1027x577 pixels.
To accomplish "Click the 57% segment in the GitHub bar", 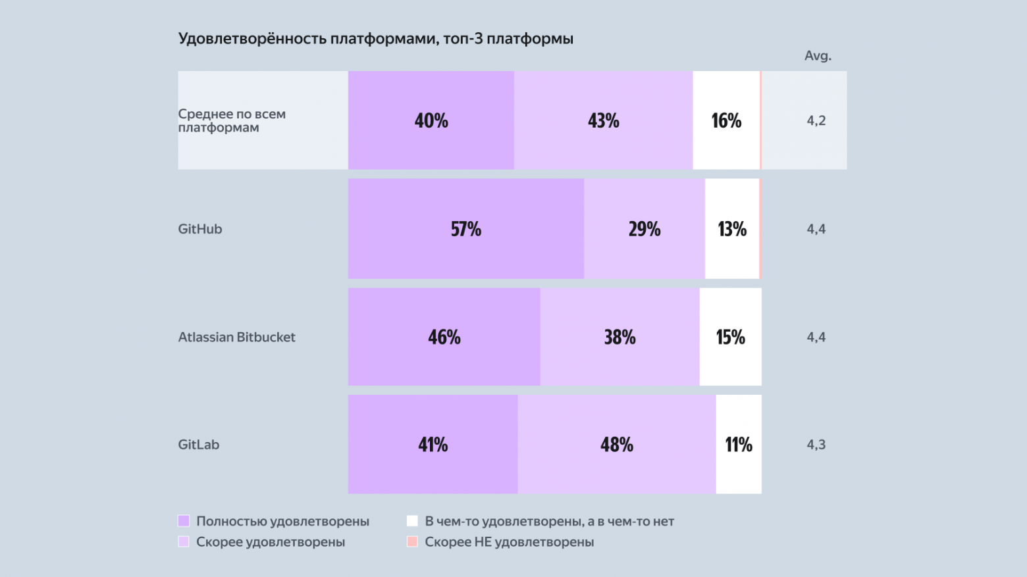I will point(465,229).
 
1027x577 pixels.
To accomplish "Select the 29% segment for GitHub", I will point(644,229).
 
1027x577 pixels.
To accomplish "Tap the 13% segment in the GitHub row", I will point(731,229).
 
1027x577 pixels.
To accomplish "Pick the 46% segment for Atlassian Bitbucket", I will point(444,337).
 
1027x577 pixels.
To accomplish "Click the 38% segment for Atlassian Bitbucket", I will point(619,337).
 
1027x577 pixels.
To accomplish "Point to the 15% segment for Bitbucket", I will point(730,337).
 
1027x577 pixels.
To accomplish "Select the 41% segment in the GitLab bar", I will point(433,445).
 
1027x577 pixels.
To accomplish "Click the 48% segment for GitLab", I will point(616,445).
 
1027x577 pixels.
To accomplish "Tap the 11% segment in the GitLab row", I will point(738,445).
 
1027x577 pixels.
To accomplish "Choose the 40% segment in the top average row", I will point(431,120).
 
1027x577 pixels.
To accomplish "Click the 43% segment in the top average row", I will point(603,120).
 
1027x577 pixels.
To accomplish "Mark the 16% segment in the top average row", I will point(725,120).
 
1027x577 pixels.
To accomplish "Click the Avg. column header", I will point(818,56).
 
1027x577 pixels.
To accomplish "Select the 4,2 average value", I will point(816,120).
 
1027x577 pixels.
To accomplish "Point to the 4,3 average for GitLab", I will point(816,445).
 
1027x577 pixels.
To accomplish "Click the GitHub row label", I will point(200,229).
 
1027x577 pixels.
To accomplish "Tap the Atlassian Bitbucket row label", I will point(236,337).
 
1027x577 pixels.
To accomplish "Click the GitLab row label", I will point(198,445).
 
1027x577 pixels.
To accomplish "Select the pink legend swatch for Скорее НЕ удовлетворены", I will point(412,542).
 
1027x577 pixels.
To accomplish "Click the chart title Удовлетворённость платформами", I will point(375,39).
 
